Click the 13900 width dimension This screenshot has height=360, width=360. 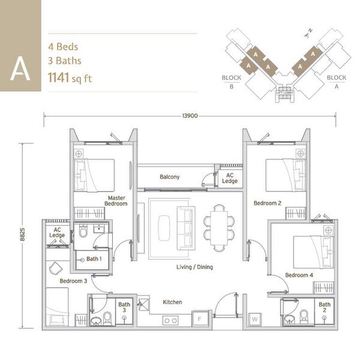190,116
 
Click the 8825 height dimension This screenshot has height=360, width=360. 22,234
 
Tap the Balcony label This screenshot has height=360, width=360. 169,177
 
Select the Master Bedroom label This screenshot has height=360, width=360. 116,200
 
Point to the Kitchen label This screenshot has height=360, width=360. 172,302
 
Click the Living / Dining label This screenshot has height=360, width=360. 194,267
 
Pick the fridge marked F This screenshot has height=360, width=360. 200,319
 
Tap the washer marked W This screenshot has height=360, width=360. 254,319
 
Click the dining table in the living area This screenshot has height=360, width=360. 219,228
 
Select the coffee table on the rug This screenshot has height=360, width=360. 164,228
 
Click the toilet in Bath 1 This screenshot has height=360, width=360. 83,231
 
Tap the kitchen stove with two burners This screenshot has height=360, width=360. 170,320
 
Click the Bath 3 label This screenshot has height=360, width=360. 124,307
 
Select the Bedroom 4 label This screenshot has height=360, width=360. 299,275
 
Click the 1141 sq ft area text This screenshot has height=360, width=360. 70,77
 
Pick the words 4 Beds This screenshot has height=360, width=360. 63,47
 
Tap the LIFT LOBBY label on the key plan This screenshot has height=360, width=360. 284,93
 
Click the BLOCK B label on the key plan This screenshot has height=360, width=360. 232,82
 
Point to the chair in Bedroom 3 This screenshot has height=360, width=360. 56,268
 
